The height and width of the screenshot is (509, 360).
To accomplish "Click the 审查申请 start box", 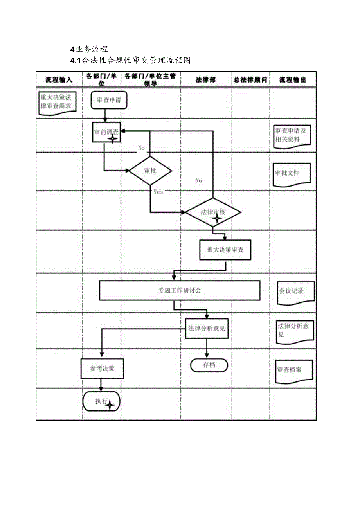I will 109,100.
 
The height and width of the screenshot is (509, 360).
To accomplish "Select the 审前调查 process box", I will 106,133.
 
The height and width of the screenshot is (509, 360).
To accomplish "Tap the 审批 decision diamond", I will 150,171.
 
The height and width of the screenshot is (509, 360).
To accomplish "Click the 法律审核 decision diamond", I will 213,212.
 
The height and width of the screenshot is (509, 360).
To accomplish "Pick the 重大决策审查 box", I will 225,250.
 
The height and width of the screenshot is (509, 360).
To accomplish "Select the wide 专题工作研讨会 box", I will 180,290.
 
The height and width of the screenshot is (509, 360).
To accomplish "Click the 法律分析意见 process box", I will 207,329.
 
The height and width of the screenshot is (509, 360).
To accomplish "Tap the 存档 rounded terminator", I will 209,365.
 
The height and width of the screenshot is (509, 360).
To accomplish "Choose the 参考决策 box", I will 102,369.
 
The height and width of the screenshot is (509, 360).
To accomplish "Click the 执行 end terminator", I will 101,401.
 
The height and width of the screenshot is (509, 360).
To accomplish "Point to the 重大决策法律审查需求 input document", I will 57,103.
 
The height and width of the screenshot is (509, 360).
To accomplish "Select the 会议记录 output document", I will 296,292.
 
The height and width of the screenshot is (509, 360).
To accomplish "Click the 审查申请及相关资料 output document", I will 292,136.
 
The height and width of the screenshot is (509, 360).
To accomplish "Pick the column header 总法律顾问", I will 251,80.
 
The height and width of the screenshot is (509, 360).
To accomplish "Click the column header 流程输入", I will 59,80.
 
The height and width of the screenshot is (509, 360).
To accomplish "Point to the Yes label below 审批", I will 158,192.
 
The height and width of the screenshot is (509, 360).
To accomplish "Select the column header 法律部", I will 206,80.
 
